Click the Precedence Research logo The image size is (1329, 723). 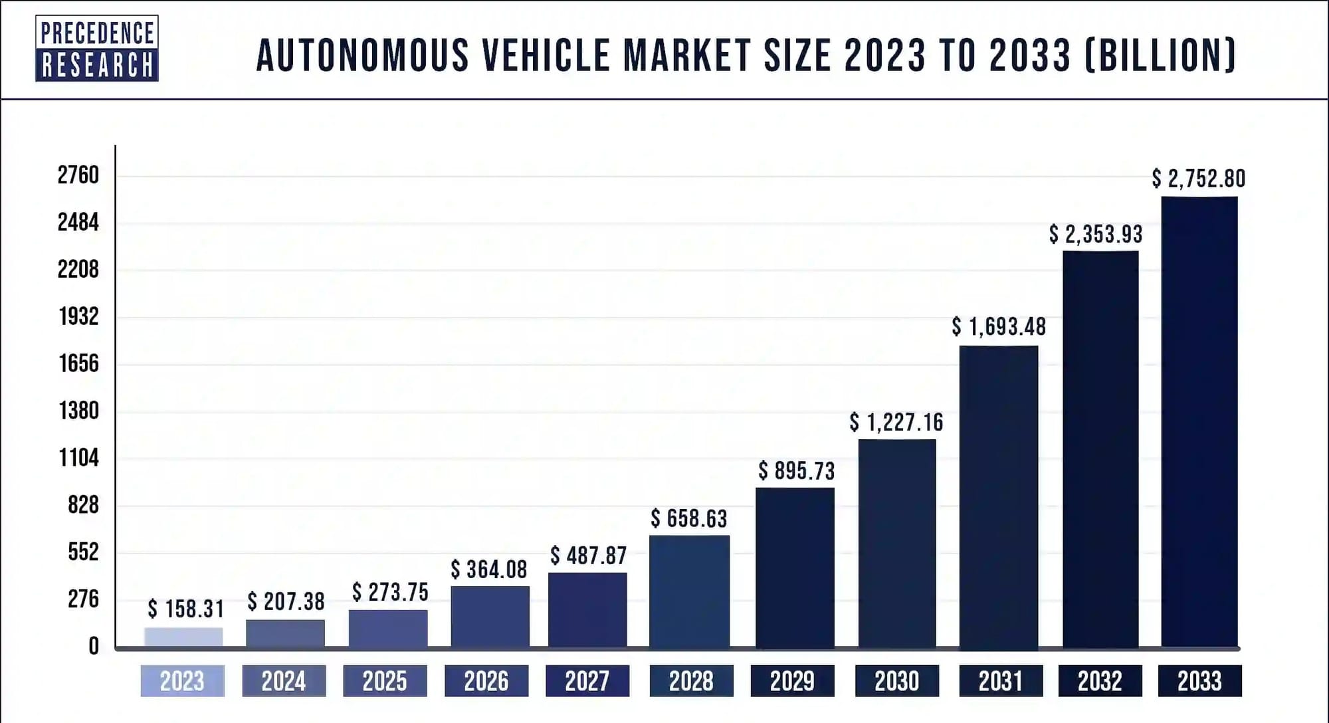click(x=97, y=49)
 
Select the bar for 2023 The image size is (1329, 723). click(x=183, y=637)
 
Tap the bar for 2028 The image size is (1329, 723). click(x=689, y=591)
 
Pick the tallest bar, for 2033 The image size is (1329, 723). click(x=1199, y=422)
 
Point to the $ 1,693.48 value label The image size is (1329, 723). click(x=999, y=326)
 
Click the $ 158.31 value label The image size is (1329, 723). click(x=186, y=609)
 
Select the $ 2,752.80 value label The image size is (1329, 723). click(x=1199, y=178)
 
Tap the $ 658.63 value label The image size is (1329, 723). click(x=689, y=518)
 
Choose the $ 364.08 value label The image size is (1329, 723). click(x=489, y=569)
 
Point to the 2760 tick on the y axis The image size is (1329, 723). click(x=78, y=175)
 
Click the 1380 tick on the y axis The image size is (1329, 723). click(x=79, y=411)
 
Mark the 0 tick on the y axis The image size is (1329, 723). click(x=94, y=646)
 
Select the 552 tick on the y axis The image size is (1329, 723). click(x=83, y=552)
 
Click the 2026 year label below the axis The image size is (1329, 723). click(x=486, y=681)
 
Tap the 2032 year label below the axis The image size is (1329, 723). click(x=1100, y=681)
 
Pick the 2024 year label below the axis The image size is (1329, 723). click(x=284, y=681)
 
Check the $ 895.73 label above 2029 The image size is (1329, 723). click(x=796, y=471)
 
